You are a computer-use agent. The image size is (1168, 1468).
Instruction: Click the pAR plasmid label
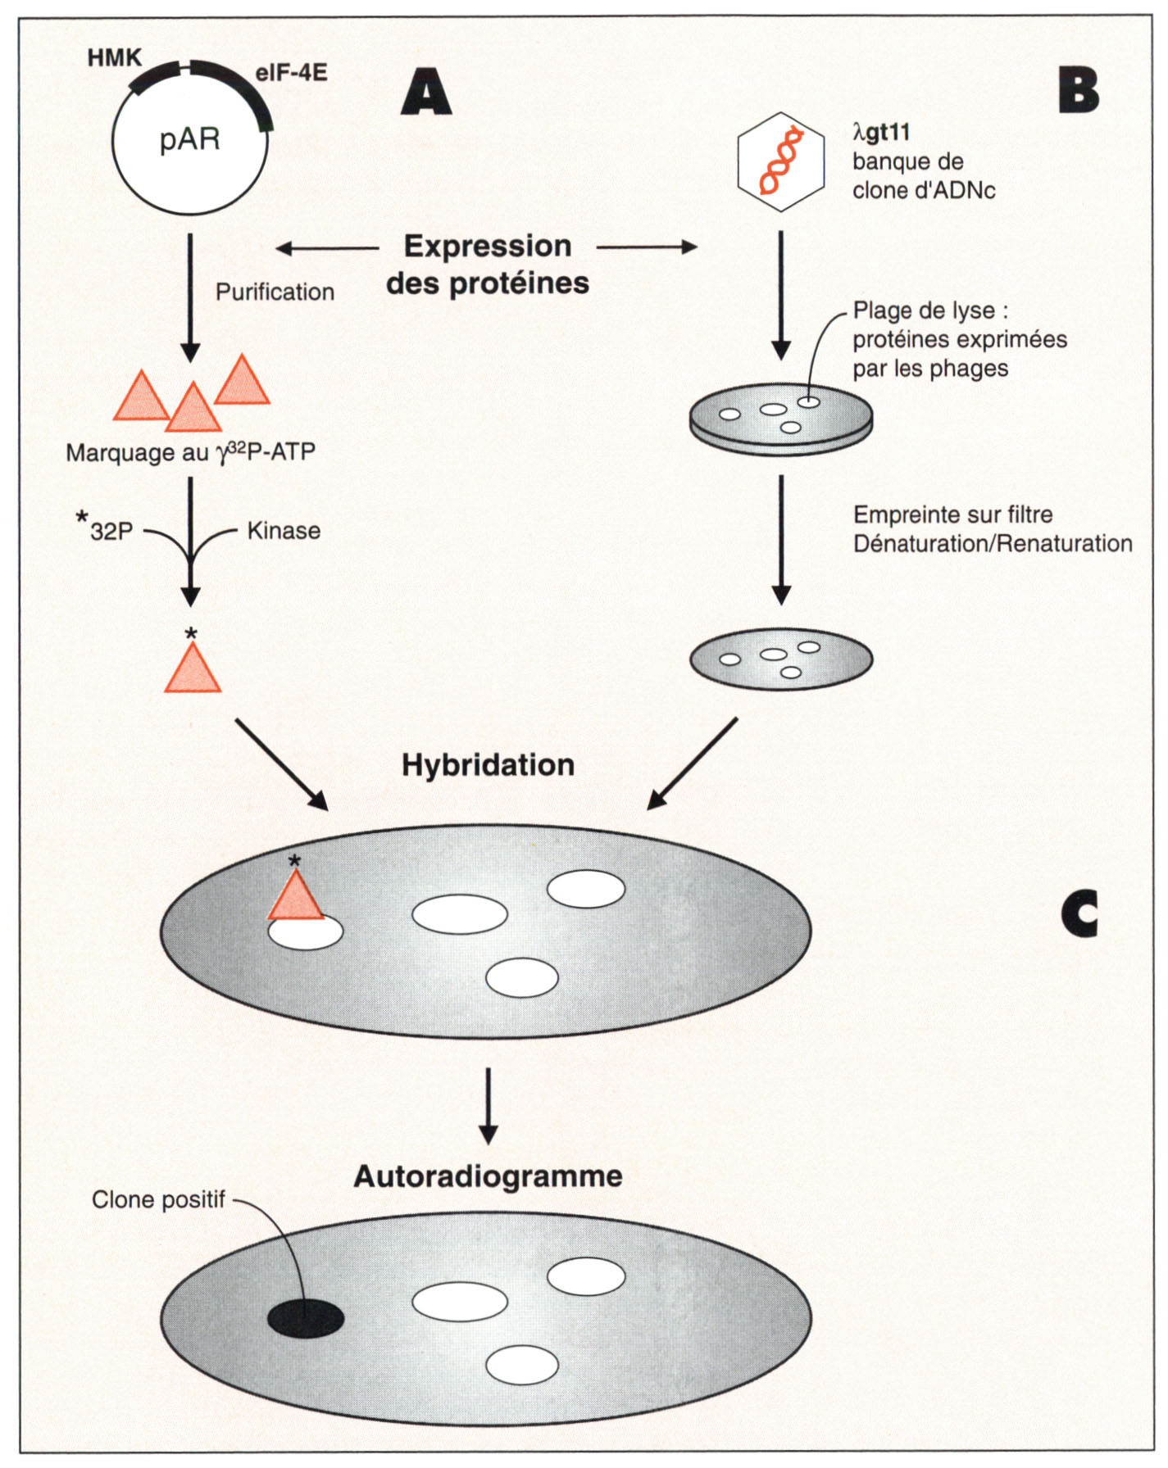coord(190,139)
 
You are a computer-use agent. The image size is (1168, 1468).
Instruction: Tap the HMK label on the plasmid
coord(115,58)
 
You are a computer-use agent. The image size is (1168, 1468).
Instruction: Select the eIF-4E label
coord(291,73)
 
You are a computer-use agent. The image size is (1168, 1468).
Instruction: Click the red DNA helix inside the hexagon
coord(780,161)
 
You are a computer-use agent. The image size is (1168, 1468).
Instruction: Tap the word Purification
coord(275,292)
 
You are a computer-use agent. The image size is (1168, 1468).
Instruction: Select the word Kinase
coord(284,531)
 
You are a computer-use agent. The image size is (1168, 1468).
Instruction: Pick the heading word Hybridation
coord(488,765)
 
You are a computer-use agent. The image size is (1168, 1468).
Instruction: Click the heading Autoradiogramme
coord(488,1176)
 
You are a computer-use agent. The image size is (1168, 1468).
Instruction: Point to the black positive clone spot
coord(306,1318)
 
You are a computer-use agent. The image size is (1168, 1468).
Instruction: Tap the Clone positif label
coord(158,1200)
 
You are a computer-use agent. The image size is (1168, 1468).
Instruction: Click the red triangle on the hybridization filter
coord(295,898)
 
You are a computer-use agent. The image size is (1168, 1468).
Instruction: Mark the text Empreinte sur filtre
coord(952,515)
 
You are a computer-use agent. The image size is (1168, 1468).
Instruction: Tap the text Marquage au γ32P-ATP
coord(190,452)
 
